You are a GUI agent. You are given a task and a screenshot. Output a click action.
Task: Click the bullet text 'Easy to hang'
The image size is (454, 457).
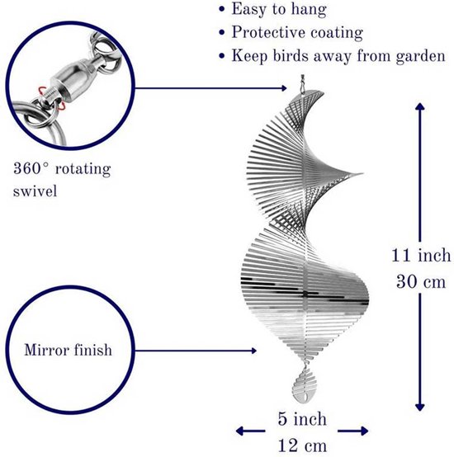(x=279, y=10)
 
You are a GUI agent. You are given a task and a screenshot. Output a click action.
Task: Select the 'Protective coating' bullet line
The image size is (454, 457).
(x=297, y=32)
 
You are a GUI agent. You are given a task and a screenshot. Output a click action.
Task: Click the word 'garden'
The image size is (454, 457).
(x=420, y=56)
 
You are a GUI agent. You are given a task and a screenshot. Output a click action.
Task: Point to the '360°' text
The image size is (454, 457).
(x=31, y=168)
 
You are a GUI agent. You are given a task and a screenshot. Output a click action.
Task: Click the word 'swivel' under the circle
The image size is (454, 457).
(x=35, y=191)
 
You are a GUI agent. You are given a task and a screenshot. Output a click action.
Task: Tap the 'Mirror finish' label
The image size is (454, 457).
(x=68, y=350)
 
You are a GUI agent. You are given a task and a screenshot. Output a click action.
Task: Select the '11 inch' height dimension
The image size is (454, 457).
(x=421, y=256)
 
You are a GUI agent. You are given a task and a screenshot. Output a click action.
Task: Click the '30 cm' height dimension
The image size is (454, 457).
(x=421, y=282)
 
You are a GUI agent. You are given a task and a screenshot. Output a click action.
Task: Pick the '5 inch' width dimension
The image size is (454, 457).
(x=302, y=419)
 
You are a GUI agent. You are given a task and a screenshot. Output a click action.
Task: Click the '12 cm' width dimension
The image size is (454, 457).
(x=302, y=445)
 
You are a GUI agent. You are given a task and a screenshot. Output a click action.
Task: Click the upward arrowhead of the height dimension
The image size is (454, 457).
(x=419, y=106)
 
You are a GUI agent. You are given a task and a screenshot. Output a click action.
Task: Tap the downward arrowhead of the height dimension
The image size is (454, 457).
(x=419, y=407)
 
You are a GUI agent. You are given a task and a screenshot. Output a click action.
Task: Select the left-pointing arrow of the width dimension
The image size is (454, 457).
(x=250, y=431)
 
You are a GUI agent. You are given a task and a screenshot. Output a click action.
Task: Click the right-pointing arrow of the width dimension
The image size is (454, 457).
(x=352, y=431)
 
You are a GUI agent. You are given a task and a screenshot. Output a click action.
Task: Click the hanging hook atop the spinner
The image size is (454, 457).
(x=302, y=83)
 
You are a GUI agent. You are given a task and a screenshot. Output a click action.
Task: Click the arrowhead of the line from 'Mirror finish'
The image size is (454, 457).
(x=253, y=351)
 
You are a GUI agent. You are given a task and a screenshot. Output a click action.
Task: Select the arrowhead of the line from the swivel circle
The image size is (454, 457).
(x=284, y=88)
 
